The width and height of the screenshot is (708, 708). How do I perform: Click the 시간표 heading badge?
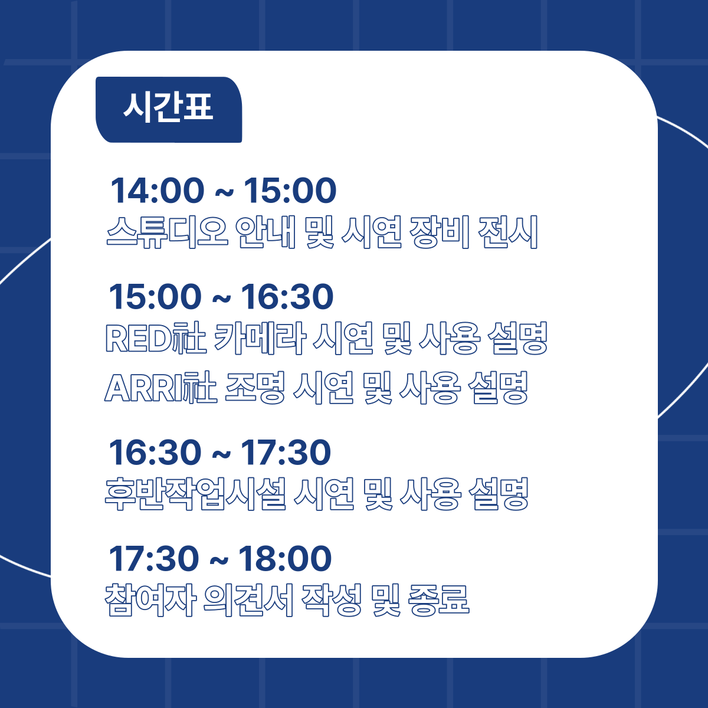pos(169,110)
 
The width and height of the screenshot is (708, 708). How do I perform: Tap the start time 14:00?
pos(157,191)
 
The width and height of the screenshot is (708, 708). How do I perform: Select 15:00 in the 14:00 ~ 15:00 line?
pos(290,191)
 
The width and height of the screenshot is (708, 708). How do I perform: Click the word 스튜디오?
pos(167,232)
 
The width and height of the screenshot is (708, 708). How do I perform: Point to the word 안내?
pos(265,232)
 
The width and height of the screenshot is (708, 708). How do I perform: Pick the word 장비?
pos(440,232)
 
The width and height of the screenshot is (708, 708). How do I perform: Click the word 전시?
pos(508,232)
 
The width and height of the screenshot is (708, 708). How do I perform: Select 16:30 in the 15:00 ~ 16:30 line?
pos(287,297)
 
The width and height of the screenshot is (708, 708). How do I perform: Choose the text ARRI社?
pos(160,388)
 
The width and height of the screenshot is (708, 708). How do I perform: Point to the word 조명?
pos(255,388)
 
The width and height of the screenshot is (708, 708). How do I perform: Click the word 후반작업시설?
pos(195,494)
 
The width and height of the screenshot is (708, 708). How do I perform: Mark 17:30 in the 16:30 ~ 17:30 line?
pos(286,453)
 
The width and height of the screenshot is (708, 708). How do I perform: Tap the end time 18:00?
pos(285,559)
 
